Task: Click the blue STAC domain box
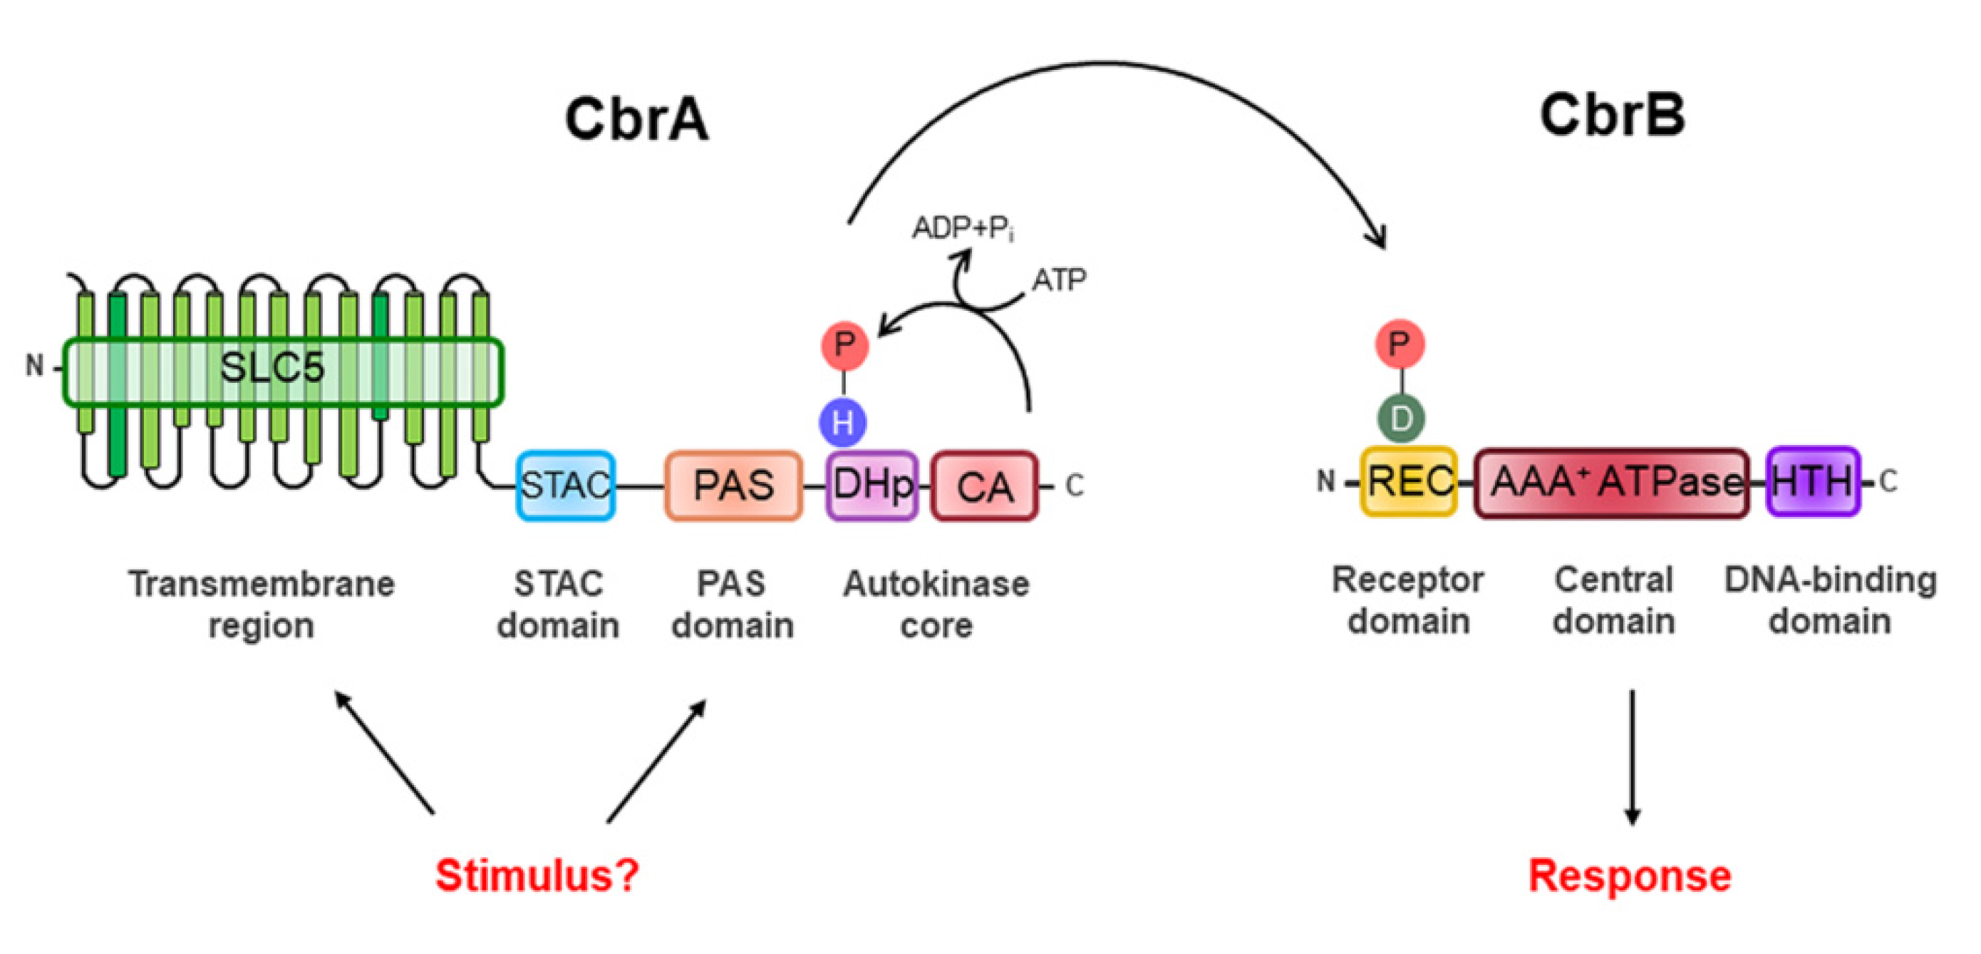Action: click(565, 486)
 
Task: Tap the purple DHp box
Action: click(872, 486)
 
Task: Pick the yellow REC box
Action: click(1408, 481)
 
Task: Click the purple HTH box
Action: click(1812, 481)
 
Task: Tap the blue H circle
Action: click(843, 422)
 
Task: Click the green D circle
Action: click(1400, 419)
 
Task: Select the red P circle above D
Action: click(1400, 343)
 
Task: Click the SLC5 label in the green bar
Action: click(272, 369)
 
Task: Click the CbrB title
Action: click(1612, 116)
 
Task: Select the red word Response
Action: click(1630, 876)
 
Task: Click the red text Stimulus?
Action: click(537, 876)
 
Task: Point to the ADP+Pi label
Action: click(962, 228)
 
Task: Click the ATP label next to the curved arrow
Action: click(1058, 280)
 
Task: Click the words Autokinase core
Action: click(936, 605)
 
